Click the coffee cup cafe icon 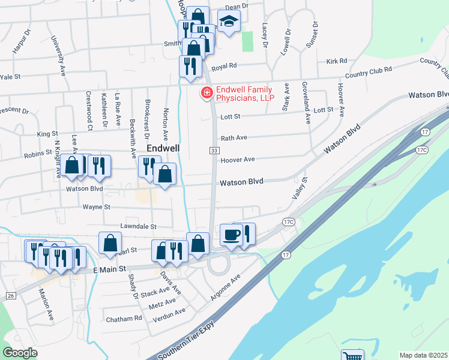click(231, 235)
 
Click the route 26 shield click(11, 296)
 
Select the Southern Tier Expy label click(187, 346)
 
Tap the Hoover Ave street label click(238, 160)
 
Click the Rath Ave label click(234, 137)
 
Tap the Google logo click(20, 353)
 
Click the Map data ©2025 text click(423, 355)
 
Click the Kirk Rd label click(337, 61)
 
